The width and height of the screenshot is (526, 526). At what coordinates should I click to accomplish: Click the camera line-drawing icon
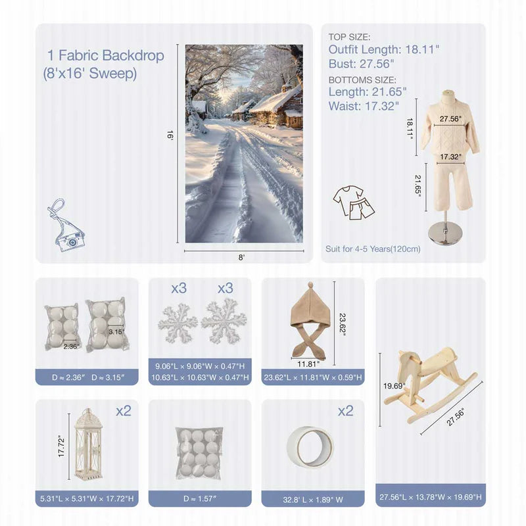[x=66, y=226]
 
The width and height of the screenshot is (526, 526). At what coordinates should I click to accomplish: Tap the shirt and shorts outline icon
[x=354, y=203]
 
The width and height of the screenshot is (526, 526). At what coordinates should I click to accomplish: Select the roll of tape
[x=310, y=447]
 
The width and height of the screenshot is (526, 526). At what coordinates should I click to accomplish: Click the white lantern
[x=88, y=444]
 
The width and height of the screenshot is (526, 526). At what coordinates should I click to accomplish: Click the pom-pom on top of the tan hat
[x=310, y=285]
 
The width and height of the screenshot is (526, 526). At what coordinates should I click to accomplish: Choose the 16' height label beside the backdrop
[x=170, y=135]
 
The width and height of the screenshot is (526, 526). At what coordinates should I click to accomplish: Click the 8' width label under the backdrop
[x=241, y=257]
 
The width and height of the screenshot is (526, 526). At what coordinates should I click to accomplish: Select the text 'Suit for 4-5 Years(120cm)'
[x=373, y=249]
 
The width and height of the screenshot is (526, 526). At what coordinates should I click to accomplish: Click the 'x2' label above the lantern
[x=124, y=411]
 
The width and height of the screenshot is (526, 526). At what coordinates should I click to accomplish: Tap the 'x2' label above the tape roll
[x=346, y=411]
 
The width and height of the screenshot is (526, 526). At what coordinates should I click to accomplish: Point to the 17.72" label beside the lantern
[x=61, y=446]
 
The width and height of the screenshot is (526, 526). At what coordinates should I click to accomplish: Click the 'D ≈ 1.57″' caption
[x=200, y=499]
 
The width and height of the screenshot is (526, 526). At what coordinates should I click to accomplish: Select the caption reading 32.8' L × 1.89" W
[x=313, y=500]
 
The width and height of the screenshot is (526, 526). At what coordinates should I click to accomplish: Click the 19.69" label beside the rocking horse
[x=394, y=386]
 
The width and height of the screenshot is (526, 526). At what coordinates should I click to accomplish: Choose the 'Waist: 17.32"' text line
[x=364, y=106]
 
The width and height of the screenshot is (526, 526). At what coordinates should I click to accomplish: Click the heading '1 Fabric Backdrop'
[x=106, y=55]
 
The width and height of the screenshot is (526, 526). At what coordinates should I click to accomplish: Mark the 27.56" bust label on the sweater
[x=450, y=119]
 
